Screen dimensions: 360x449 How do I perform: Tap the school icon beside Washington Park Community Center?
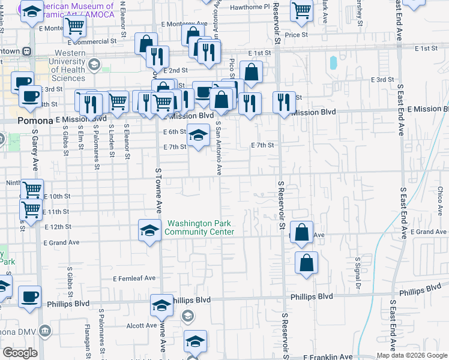pyautogui.click(x=149, y=229)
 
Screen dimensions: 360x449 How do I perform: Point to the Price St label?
pyautogui.click(x=297, y=35)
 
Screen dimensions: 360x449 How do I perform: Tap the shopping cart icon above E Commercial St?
pyautogui.click(x=74, y=26)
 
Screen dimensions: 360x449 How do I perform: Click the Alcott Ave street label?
pyautogui.click(x=142, y=326)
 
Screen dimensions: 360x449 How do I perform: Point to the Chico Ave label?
pyautogui.click(x=440, y=201)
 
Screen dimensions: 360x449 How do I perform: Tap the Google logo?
pyautogui.click(x=20, y=353)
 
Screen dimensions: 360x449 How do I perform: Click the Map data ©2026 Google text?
pyautogui.click(x=412, y=355)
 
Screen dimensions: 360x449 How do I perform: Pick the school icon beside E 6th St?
pyautogui.click(x=197, y=135)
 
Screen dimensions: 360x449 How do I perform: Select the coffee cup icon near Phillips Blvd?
pyautogui.click(x=29, y=296)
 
